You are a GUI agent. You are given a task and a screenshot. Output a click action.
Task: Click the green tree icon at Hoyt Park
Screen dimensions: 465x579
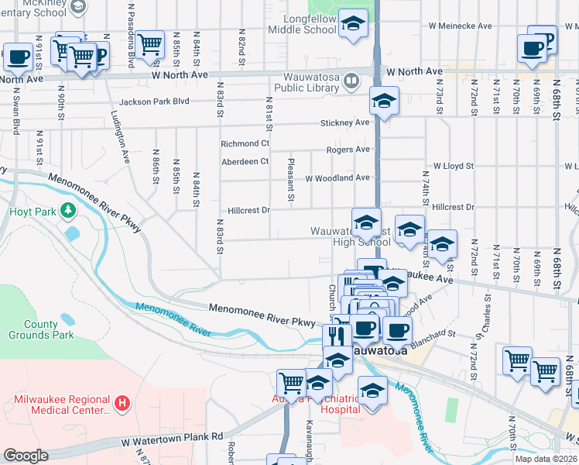(x=69, y=210)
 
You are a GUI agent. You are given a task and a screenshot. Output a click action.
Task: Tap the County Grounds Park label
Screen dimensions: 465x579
(x=40, y=330)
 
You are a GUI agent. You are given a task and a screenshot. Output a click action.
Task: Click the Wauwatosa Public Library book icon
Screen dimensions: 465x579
(x=351, y=80)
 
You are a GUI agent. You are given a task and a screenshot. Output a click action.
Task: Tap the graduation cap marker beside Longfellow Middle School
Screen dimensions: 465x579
(x=354, y=25)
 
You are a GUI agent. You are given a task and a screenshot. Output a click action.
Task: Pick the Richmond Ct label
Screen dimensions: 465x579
(x=245, y=144)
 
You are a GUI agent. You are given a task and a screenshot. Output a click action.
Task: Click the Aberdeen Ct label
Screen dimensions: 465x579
(x=245, y=161)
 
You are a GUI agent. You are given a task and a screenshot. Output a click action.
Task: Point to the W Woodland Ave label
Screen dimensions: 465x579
(x=337, y=178)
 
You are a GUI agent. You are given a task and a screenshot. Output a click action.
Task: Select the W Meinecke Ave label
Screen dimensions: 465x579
(x=461, y=26)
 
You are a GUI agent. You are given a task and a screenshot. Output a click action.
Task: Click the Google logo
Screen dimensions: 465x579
(x=26, y=456)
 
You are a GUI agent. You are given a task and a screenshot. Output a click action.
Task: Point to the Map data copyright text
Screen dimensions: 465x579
(x=546, y=459)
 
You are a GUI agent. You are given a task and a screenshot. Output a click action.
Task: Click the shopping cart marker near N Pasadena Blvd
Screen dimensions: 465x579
(x=149, y=44)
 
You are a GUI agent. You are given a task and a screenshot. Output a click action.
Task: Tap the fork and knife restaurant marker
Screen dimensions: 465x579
(x=335, y=336)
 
